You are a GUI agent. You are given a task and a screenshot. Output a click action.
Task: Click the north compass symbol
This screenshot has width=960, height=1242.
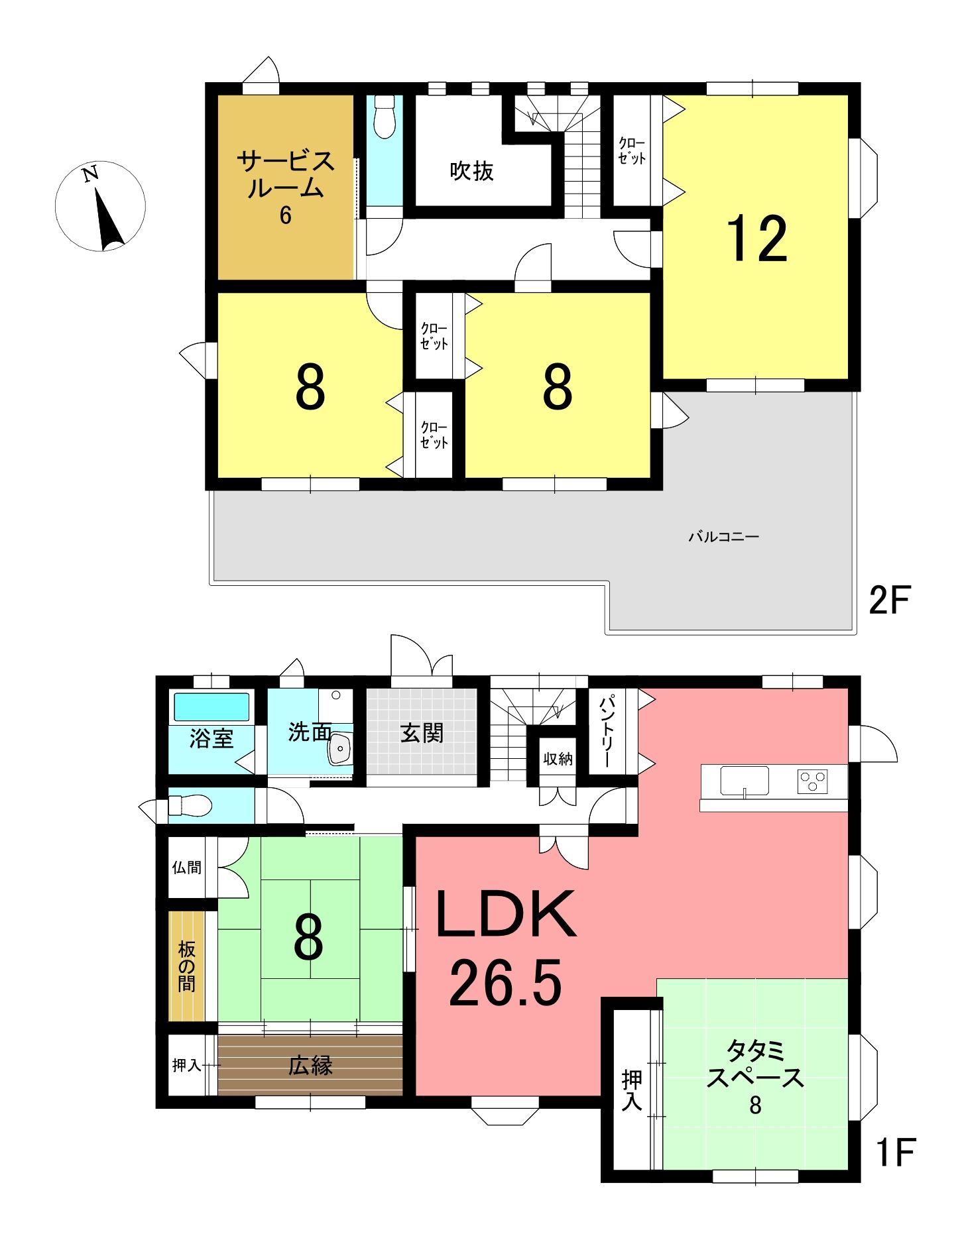(100, 206)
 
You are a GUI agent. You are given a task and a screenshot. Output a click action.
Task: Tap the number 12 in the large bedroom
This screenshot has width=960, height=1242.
(757, 239)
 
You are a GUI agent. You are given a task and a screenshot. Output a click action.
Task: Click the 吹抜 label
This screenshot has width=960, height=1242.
(471, 171)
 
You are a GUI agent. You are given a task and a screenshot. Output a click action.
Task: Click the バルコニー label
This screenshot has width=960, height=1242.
(723, 536)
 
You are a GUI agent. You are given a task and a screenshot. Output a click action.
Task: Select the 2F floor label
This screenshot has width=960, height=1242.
(890, 600)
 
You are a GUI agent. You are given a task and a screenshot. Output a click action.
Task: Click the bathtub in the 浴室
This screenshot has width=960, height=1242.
(211, 707)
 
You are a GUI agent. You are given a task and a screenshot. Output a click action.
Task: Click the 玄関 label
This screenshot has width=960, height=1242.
(422, 733)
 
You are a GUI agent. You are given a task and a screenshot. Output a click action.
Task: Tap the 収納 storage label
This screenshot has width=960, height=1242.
(558, 758)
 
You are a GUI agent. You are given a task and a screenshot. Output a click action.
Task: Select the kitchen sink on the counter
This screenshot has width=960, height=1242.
(745, 781)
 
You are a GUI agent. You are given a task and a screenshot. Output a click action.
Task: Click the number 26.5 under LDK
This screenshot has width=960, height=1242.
(506, 982)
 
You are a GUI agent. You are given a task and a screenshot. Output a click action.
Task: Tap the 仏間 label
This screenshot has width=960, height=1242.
(186, 867)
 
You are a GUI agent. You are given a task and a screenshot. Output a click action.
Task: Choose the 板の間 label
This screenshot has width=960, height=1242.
(186, 966)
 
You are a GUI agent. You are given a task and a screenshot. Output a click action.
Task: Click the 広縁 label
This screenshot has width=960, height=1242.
(310, 1065)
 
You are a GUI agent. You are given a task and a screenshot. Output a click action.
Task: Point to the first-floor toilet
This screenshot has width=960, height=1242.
(190, 805)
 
